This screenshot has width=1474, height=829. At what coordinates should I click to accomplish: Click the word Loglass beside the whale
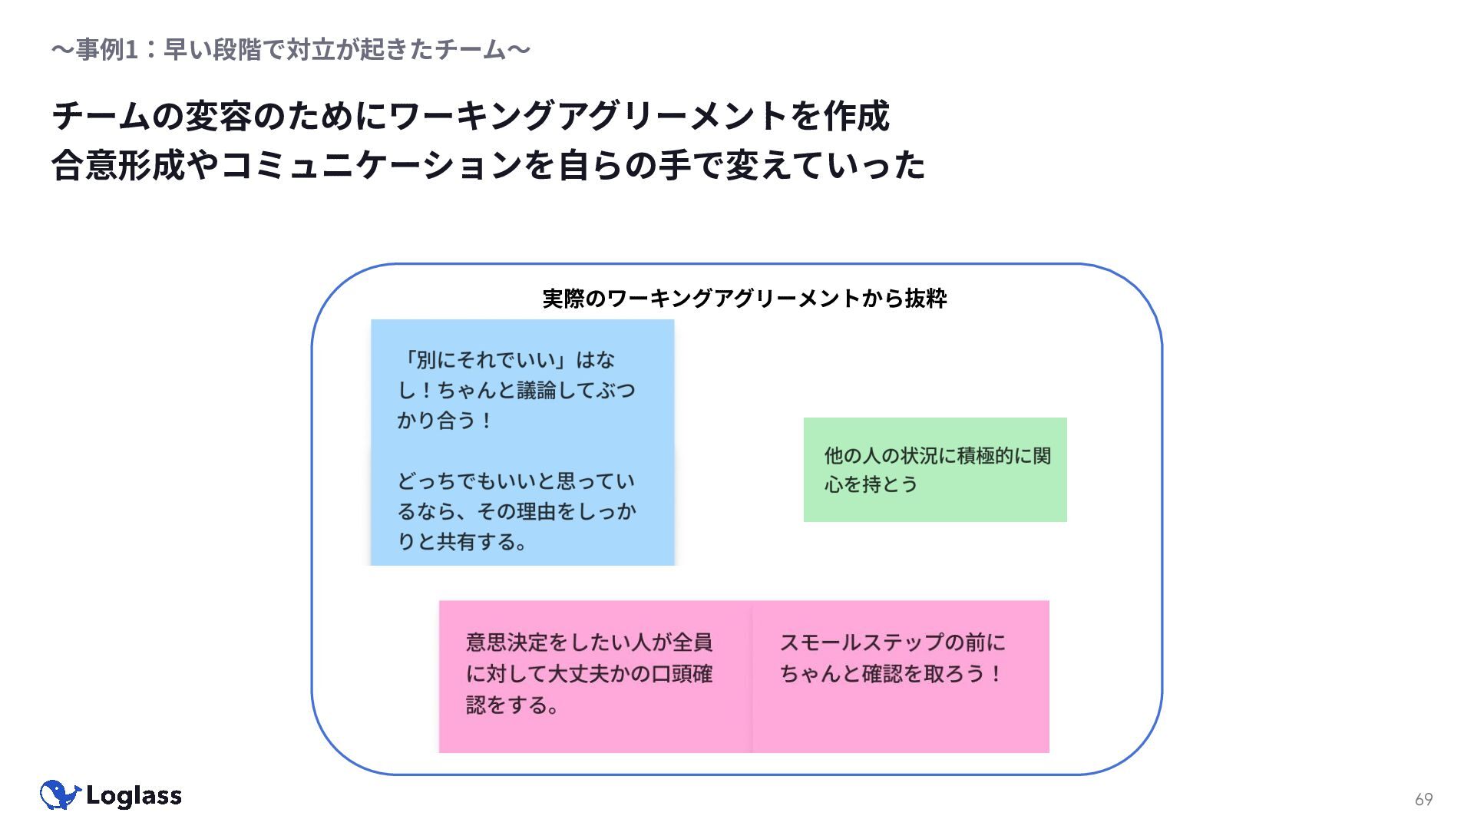click(134, 796)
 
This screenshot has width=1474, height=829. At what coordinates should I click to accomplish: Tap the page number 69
click(1423, 799)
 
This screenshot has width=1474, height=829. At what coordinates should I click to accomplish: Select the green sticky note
click(935, 470)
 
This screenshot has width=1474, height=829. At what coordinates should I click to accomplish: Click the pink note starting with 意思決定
click(595, 676)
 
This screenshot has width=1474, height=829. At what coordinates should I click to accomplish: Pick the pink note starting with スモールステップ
click(901, 676)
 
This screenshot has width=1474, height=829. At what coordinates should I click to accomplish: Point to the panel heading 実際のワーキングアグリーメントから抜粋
click(745, 299)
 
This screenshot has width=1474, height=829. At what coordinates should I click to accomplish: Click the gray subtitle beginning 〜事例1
click(291, 50)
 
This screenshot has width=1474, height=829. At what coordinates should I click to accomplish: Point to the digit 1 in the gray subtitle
click(131, 50)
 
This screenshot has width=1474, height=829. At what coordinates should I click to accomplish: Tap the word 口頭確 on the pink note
click(682, 674)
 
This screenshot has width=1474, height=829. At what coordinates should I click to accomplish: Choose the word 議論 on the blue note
click(537, 391)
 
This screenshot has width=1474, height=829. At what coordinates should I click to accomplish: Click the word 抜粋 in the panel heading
click(926, 299)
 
